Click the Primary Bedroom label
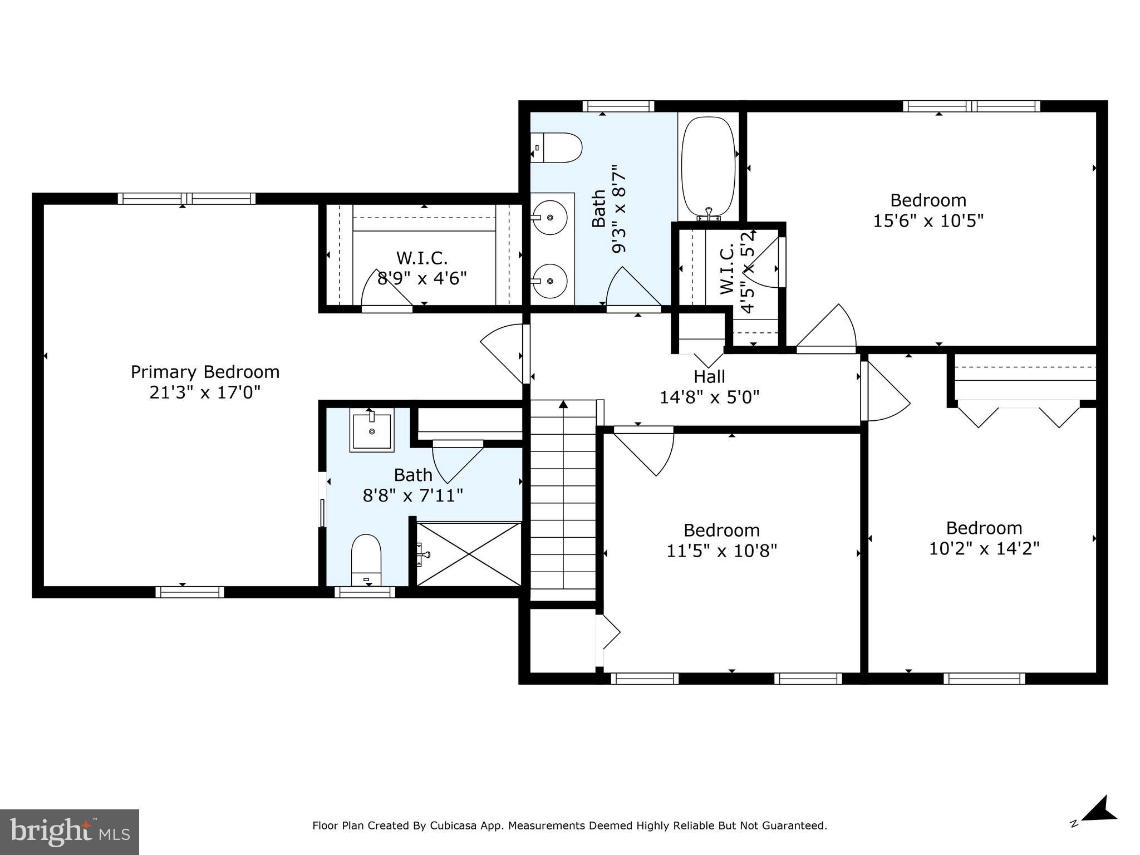pyautogui.click(x=205, y=372)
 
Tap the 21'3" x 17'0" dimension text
pyautogui.click(x=205, y=393)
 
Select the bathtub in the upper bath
pyautogui.click(x=708, y=167)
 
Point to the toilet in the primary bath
pyautogui.click(x=366, y=559)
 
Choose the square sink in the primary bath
pyautogui.click(x=371, y=430)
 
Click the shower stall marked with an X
pyautogui.click(x=469, y=554)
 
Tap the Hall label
pyautogui.click(x=709, y=377)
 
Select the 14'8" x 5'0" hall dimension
pyautogui.click(x=709, y=397)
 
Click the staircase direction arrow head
pyautogui.click(x=563, y=404)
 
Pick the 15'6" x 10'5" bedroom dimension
pyautogui.click(x=928, y=221)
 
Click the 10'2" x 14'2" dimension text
pyautogui.click(x=984, y=549)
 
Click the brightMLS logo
pyautogui.click(x=69, y=832)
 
